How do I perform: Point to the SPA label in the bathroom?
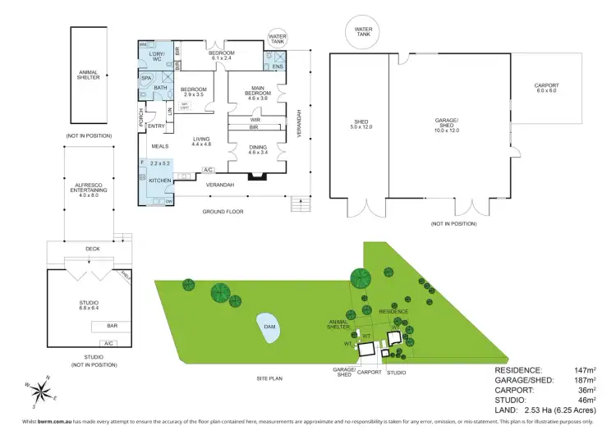click(147, 78)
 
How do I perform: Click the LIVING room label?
click(202, 141)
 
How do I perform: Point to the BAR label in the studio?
click(112, 326)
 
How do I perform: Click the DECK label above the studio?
click(92, 248)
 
